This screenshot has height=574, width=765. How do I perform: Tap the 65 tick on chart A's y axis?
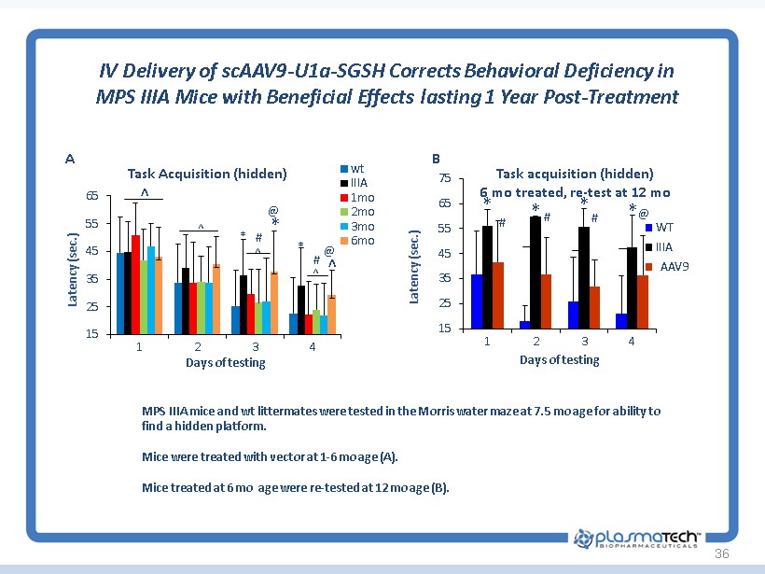[x=91, y=196]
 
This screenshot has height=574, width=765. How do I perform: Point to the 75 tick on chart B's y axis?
[x=445, y=178]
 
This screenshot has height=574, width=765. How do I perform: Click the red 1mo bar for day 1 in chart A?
[x=135, y=284]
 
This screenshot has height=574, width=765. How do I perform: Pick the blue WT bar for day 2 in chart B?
[x=525, y=324]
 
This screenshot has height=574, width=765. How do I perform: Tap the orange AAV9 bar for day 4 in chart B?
[x=642, y=301]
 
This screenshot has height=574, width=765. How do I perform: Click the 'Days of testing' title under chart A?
[x=225, y=362]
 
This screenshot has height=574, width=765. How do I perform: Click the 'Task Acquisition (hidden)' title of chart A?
[x=206, y=173]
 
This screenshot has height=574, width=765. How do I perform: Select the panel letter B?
[x=436, y=159]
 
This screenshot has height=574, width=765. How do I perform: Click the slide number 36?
[x=720, y=554]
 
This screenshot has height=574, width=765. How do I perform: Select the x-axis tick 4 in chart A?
[x=313, y=345]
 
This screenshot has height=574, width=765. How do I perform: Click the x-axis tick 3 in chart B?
[x=584, y=341]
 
